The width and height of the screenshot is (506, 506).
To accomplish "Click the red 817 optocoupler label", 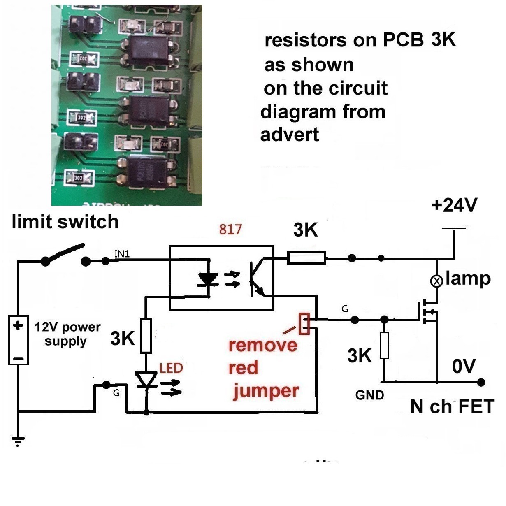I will (230, 229).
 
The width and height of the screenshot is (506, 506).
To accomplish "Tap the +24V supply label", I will (454, 205).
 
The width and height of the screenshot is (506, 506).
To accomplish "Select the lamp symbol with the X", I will (436, 281).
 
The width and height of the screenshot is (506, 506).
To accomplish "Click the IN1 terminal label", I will (122, 254).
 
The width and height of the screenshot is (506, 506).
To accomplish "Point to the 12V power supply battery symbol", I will (19, 340).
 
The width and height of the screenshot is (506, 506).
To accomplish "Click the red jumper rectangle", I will (304, 323).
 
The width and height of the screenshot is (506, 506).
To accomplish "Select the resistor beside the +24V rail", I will (306, 258).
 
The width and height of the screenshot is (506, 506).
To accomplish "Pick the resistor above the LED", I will (146, 335).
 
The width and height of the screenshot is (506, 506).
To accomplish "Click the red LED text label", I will (171, 368).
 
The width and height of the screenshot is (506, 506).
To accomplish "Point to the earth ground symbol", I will (18, 441).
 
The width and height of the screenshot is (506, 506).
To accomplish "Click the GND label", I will (369, 395).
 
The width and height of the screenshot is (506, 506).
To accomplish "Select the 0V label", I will (464, 366).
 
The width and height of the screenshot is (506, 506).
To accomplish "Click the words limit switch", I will (65, 222).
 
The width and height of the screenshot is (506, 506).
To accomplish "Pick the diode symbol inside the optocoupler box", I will (208, 280).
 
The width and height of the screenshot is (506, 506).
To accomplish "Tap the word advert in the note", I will (290, 135).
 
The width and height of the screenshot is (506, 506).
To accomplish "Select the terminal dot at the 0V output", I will (481, 382).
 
